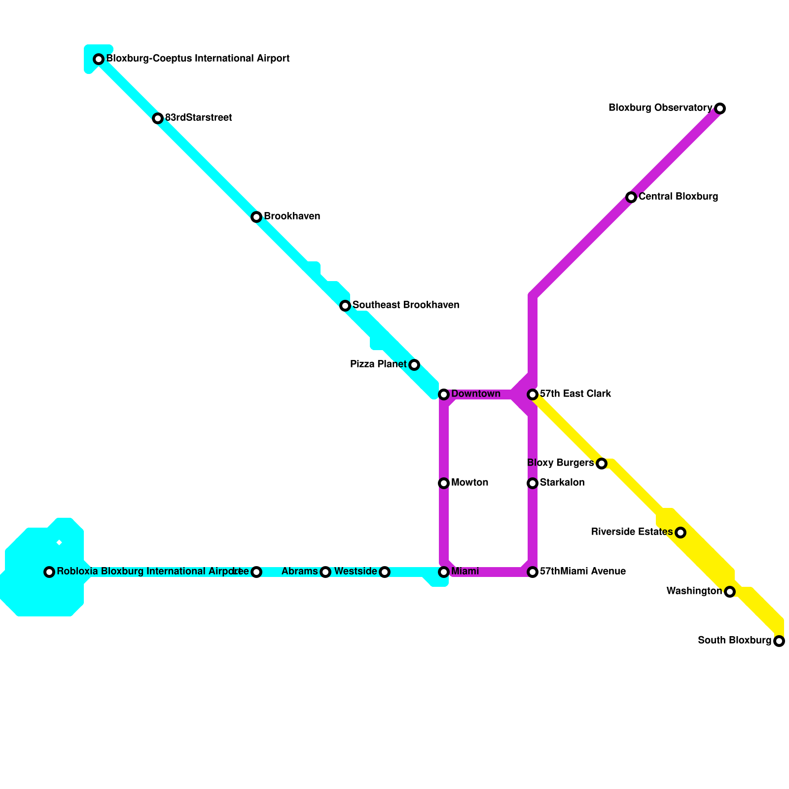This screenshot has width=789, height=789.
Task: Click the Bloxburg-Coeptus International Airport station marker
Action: tap(99, 59)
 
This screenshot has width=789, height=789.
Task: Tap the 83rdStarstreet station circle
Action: tap(158, 118)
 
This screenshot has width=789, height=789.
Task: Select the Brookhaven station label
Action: tap(292, 216)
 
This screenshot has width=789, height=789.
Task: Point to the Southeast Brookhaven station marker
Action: tap(345, 306)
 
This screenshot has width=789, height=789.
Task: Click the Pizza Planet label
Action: tap(378, 364)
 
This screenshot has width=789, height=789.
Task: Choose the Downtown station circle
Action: tap(444, 394)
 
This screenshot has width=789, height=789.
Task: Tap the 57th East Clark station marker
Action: tap(533, 394)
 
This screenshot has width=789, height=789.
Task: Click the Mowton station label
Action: tap(469, 483)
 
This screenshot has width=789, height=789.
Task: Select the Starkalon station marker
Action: tap(533, 483)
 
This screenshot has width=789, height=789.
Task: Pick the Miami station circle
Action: tap(444, 572)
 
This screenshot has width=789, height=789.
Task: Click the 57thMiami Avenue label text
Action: tap(582, 572)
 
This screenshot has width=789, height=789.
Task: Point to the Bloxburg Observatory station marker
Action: tap(720, 108)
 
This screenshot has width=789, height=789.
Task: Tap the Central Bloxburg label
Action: tap(678, 197)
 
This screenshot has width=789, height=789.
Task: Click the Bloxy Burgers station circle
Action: tap(602, 464)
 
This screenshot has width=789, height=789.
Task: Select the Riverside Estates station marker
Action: tap(681, 533)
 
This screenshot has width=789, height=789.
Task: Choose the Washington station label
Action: tap(694, 591)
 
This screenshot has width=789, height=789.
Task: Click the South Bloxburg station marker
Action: tap(779, 641)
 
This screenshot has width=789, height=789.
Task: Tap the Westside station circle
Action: tap(385, 572)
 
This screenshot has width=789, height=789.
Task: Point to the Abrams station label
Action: tap(299, 572)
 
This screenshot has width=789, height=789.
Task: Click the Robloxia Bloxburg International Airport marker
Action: tap(49, 572)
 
